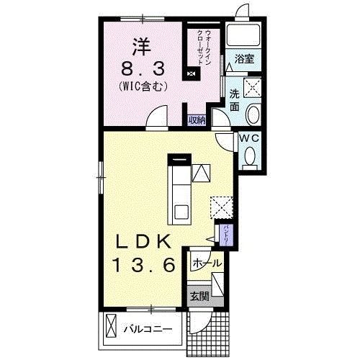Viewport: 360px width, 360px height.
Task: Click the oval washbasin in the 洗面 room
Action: point(253,114)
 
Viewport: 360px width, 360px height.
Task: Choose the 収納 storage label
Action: point(197,120)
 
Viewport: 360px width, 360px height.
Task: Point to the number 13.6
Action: point(144,265)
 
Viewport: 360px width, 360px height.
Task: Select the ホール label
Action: point(204,264)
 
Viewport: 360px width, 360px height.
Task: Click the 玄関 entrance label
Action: point(199,294)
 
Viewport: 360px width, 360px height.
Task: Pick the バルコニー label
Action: point(147,329)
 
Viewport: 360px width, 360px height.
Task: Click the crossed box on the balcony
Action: point(111,327)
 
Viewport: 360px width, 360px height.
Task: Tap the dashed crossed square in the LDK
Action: point(221,207)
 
